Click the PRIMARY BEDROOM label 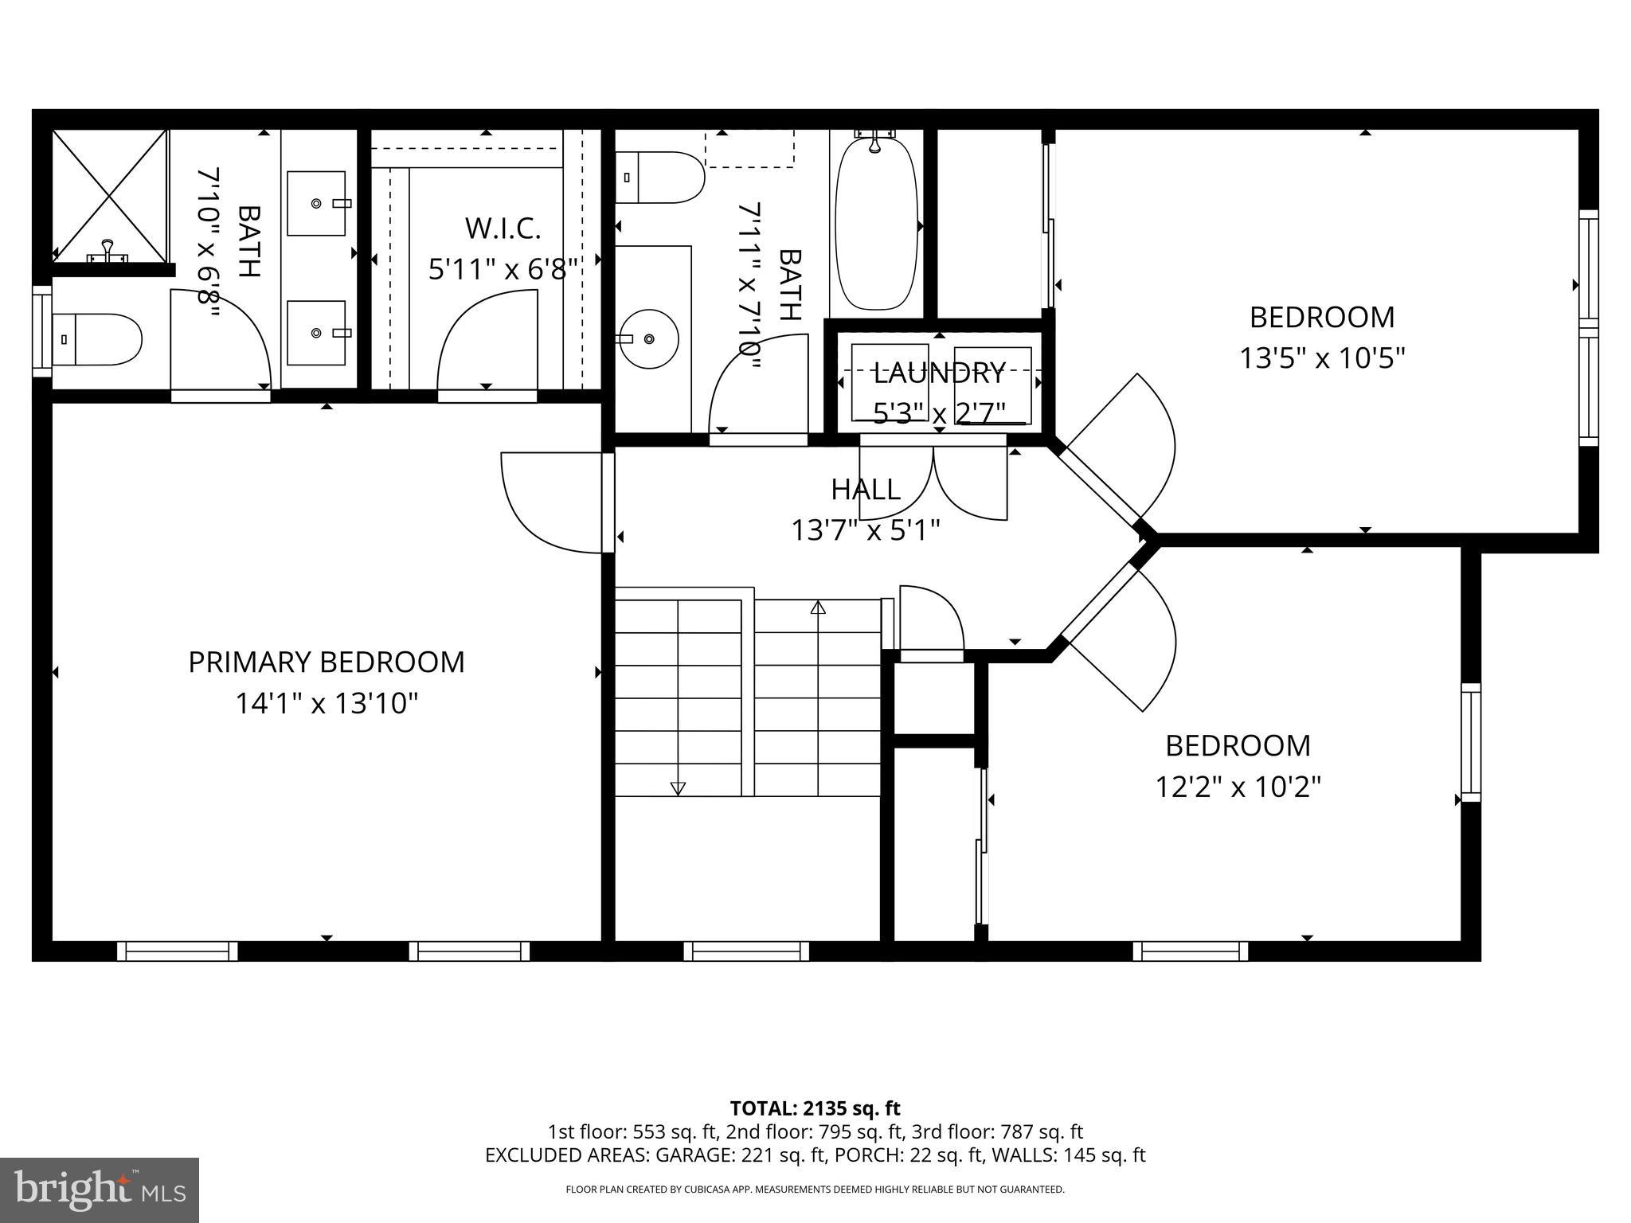click(326, 662)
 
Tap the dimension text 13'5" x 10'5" click(1321, 358)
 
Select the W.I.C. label click(503, 229)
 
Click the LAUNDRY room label click(939, 373)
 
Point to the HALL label click(866, 489)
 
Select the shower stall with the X click(110, 195)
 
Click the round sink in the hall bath click(649, 339)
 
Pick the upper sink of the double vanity click(316, 203)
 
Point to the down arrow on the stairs click(678, 787)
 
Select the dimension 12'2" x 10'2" click(1238, 787)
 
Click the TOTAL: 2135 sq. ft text click(815, 1108)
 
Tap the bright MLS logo click(99, 1190)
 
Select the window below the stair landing click(746, 951)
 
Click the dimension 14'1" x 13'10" click(326, 704)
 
